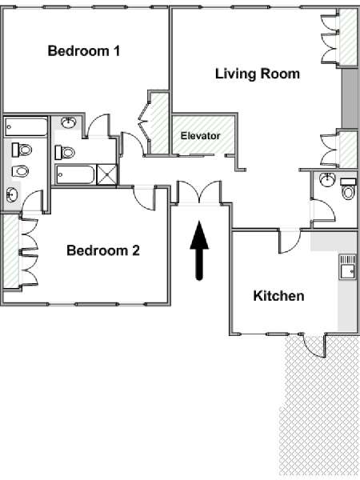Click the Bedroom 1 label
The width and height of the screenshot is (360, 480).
click(84, 51)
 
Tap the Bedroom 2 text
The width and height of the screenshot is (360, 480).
click(103, 250)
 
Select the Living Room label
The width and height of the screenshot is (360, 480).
click(258, 74)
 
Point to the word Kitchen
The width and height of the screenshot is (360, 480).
click(278, 296)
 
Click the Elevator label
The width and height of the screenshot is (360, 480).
click(200, 136)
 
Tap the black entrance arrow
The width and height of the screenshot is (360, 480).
click(199, 250)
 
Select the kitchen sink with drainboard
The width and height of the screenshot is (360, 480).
click(348, 266)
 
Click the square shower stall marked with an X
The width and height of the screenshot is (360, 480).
click(106, 174)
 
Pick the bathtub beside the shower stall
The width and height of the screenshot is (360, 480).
click(76, 174)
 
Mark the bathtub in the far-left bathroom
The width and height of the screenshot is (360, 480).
click(26, 126)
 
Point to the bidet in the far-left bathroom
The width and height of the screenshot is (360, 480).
click(21, 171)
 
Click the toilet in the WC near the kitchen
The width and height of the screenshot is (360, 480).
click(348, 189)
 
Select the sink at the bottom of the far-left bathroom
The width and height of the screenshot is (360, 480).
click(12, 195)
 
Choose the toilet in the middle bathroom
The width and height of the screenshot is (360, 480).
click(65, 152)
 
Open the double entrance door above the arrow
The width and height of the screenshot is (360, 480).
click(199, 193)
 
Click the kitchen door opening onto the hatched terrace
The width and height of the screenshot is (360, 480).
click(314, 346)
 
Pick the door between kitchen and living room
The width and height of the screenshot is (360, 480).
click(290, 242)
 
